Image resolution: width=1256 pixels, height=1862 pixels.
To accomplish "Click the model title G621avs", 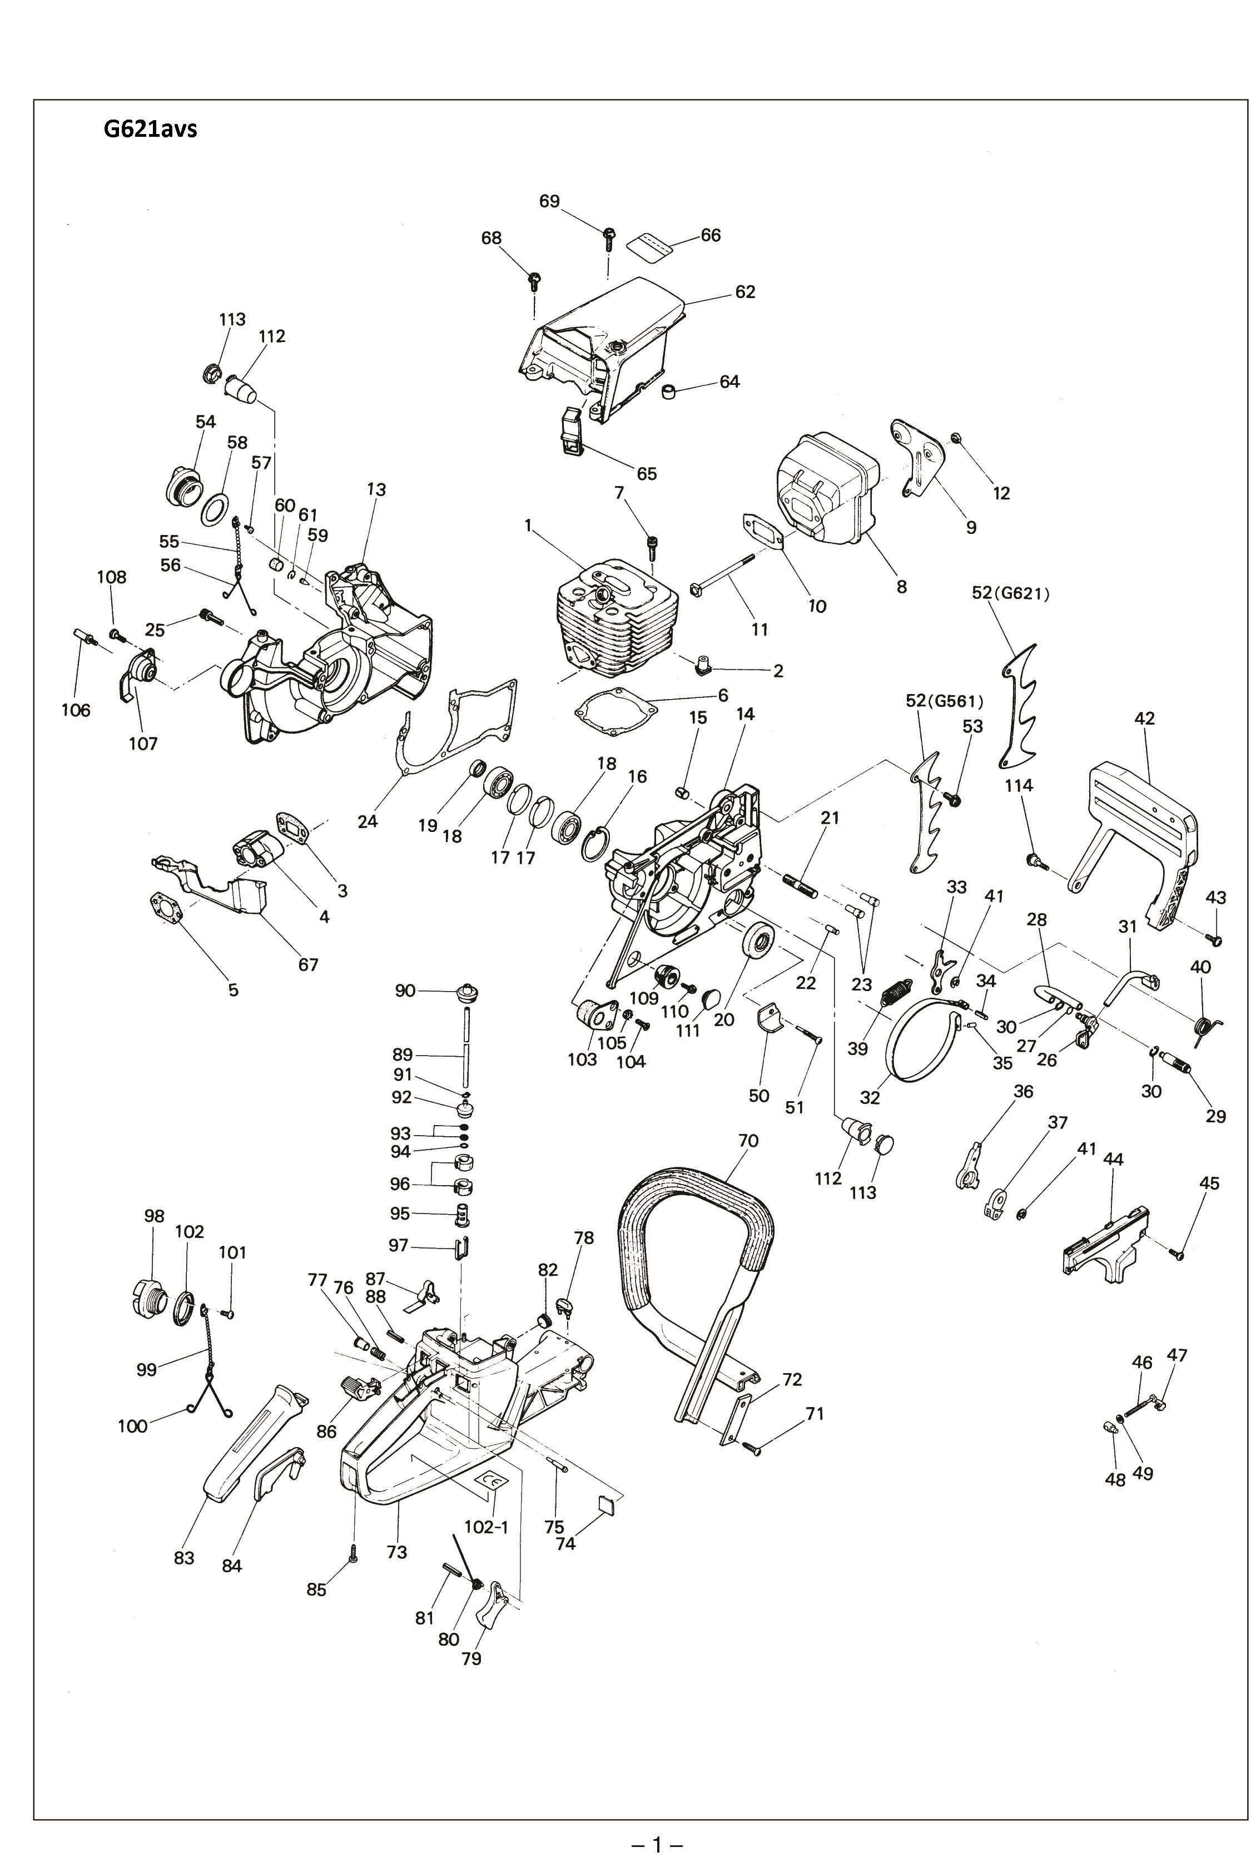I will click(x=150, y=128).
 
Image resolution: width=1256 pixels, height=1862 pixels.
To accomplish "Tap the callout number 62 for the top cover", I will click(x=745, y=291).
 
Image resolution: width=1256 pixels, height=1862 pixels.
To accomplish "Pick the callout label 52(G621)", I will click(x=1010, y=593).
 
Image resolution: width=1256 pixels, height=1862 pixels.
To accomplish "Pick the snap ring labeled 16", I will click(x=597, y=845).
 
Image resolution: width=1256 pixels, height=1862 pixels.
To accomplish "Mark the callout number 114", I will click(x=1019, y=786).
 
